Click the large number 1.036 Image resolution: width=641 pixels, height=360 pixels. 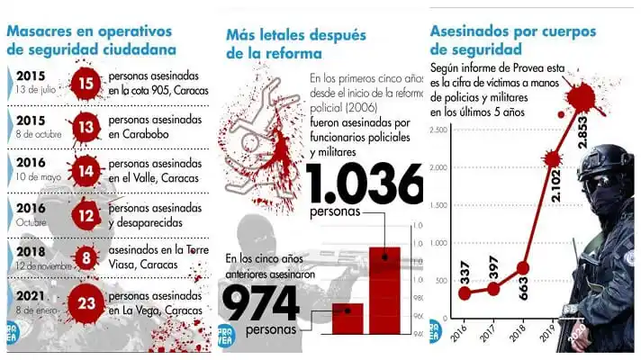(365, 185)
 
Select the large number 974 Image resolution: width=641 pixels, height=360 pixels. (260, 302)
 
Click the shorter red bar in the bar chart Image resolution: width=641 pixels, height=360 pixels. (348, 318)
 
